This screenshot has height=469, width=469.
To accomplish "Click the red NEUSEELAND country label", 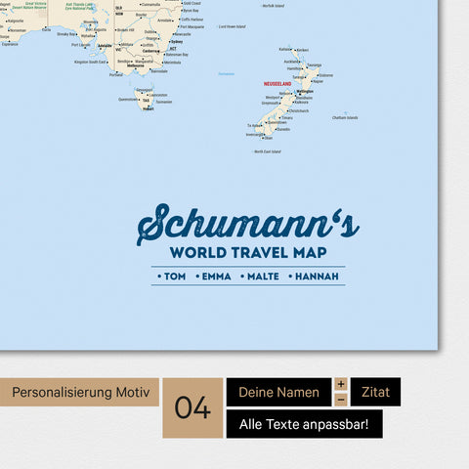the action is tap(277, 84).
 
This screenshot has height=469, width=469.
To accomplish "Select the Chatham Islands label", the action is tap(345, 118).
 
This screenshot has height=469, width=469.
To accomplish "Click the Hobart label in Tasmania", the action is tap(148, 108).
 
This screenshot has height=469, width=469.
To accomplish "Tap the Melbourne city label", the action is tap(123, 65).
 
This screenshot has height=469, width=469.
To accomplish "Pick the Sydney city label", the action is tap(176, 42).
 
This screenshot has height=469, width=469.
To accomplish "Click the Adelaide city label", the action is tap(105, 45).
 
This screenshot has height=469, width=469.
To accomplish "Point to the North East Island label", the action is tap(268, 151).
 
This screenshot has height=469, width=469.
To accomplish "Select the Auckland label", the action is tap(291, 61).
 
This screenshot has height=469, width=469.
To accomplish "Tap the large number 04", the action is tap(193, 407).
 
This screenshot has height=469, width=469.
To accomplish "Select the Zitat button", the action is tap(375, 392).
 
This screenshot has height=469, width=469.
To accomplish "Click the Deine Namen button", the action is tap(278, 392).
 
